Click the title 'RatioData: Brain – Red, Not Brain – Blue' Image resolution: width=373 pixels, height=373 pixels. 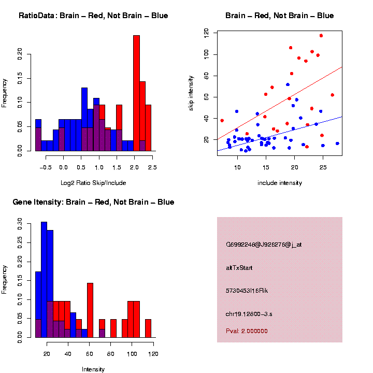click(x=93, y=16)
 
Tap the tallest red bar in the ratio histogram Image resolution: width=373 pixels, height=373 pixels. click(x=137, y=93)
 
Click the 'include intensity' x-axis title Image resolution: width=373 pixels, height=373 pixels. click(x=280, y=182)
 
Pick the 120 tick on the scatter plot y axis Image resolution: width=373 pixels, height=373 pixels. click(x=206, y=33)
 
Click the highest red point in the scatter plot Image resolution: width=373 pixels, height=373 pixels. click(x=321, y=36)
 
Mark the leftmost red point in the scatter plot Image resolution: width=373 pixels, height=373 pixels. click(x=222, y=121)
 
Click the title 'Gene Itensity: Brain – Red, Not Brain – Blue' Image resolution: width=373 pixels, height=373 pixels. click(x=93, y=202)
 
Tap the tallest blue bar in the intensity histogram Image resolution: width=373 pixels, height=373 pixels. click(x=44, y=280)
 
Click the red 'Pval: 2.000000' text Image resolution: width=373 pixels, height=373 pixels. click(x=247, y=331)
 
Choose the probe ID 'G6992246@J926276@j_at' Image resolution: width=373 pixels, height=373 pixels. click(x=264, y=245)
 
